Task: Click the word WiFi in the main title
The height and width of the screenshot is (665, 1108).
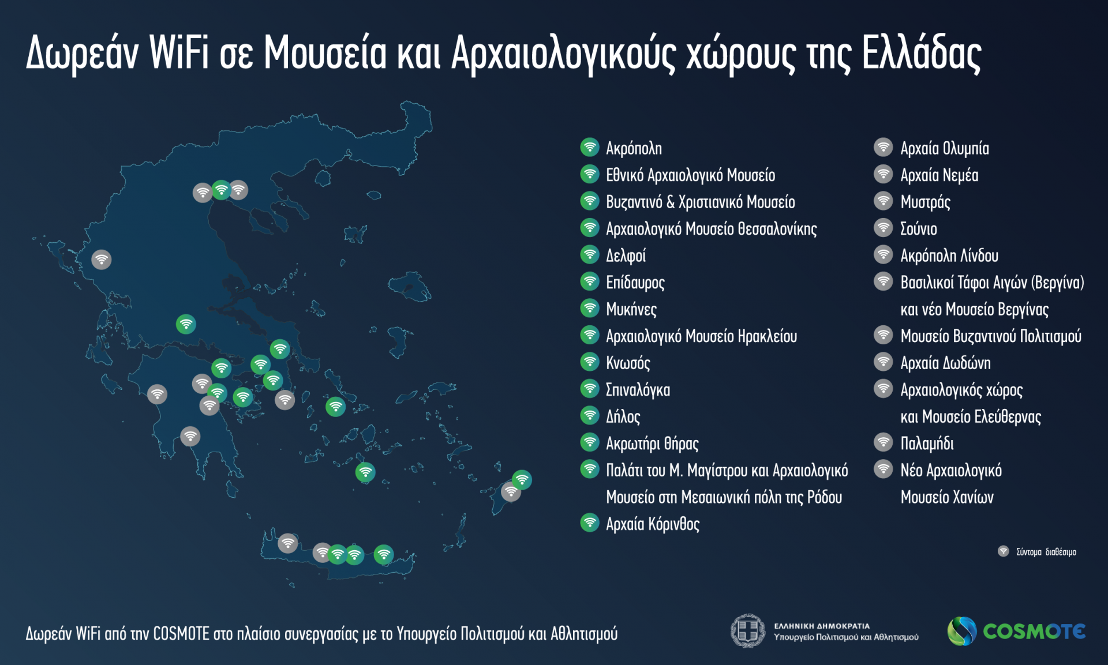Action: tap(178, 53)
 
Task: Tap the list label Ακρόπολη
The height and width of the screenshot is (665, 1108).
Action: tap(634, 148)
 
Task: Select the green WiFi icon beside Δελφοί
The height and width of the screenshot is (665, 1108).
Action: tap(590, 254)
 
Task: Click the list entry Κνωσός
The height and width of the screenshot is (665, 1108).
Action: tap(628, 363)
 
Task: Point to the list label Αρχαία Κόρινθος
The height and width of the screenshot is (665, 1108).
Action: tap(653, 524)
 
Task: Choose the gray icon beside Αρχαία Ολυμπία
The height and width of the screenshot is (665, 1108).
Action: tap(884, 147)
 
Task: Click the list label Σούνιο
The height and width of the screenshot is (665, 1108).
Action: tap(919, 229)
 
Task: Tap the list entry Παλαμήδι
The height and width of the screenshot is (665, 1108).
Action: tap(927, 443)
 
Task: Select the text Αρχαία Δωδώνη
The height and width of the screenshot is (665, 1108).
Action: tap(945, 363)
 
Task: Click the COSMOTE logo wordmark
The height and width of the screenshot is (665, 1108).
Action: tap(1034, 632)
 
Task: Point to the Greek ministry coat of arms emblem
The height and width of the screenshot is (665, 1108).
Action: tap(748, 631)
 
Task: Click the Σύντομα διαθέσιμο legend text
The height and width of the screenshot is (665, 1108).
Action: tap(1046, 552)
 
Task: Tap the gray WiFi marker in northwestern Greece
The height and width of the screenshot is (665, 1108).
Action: tap(102, 260)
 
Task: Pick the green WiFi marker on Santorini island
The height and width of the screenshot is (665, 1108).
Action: tap(365, 472)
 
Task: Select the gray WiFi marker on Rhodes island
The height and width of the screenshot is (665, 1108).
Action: tap(511, 492)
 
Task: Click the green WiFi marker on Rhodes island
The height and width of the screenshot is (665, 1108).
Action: tap(522, 479)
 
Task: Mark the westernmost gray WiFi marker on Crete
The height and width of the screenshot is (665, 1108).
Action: tap(288, 543)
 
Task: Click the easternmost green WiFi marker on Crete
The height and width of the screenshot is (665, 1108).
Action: tap(384, 554)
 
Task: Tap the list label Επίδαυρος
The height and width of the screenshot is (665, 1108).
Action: tap(635, 283)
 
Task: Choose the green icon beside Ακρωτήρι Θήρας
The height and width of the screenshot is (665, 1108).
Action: tap(590, 442)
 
